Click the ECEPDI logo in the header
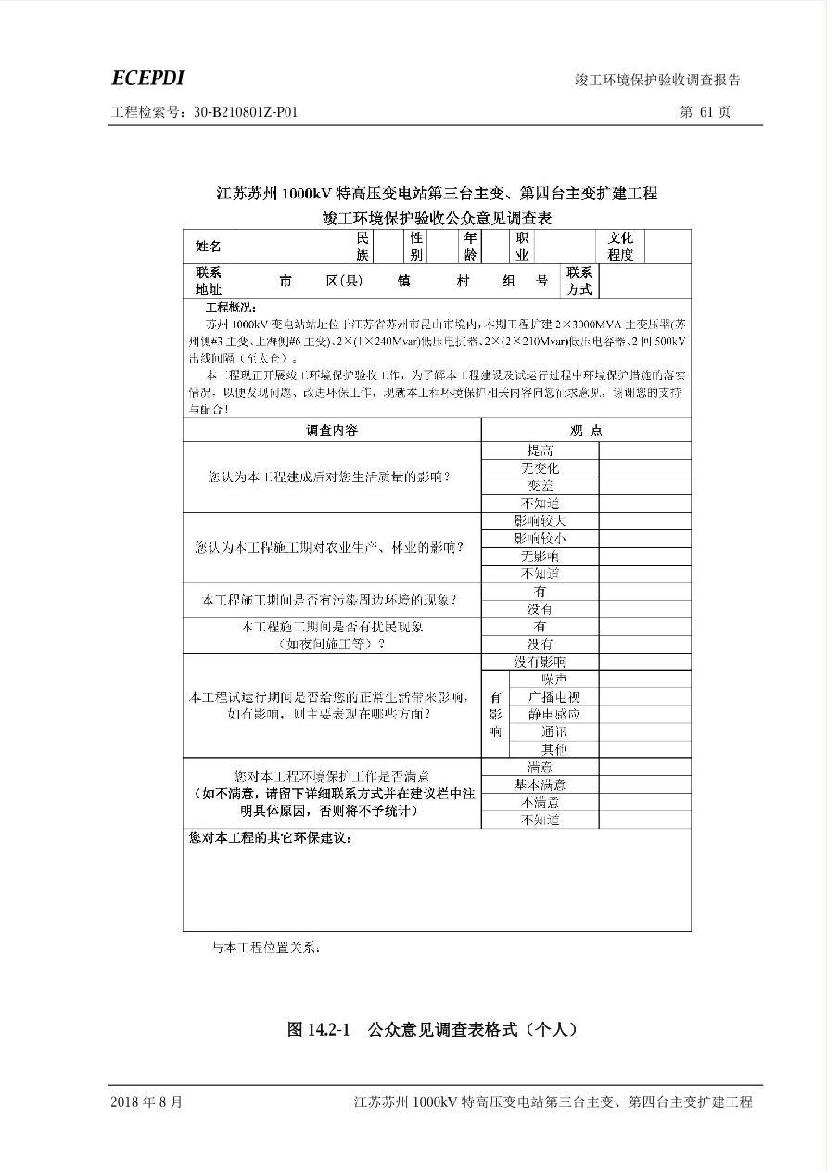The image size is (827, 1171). pos(147,79)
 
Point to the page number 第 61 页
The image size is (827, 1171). pos(705,112)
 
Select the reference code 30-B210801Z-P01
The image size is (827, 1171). pos(246,112)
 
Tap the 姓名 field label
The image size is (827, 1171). pos(209,247)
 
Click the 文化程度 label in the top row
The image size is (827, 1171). pos(620,247)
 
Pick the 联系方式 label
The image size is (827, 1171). pos(579,281)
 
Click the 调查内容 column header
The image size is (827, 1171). pos(332,430)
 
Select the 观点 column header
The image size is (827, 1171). pos(586,430)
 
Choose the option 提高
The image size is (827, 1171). pos(541,451)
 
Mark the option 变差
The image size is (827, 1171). pos(541,486)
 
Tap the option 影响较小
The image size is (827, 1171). pos(541,539)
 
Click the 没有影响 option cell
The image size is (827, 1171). pos(541,662)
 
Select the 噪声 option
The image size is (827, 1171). pos(554,680)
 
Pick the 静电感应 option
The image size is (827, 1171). pos(554,715)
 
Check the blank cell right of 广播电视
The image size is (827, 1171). pos(644,697)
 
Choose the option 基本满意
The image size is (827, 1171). pos(541,785)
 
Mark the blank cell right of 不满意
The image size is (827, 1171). pos(644,803)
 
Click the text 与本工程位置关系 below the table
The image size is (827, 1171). pos(267,948)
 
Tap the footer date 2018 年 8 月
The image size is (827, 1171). pos(146,1102)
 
